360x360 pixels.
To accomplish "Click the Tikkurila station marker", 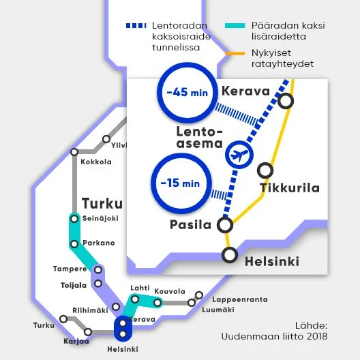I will (267, 170).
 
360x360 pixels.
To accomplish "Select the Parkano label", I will (98, 243).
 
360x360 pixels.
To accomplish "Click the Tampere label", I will (70, 269).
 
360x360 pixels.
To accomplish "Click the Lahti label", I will (140, 288).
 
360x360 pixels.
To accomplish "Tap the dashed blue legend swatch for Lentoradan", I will (136, 25).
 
